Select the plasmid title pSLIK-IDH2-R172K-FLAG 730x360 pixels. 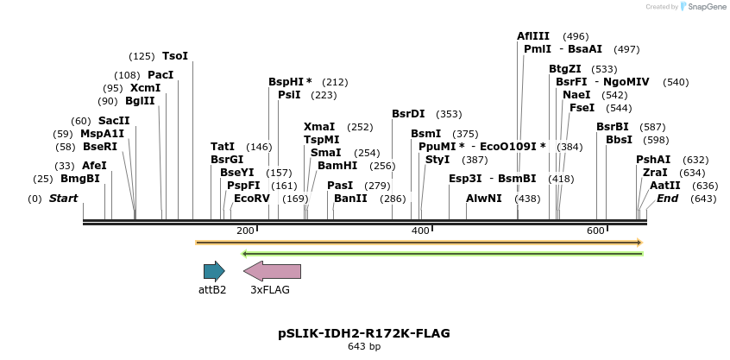point(363,333)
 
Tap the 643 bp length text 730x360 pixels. point(363,347)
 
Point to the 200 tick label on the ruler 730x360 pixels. point(245,231)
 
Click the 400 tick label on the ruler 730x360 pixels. point(420,231)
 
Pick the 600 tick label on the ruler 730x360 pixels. point(595,231)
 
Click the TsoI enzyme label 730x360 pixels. point(175,56)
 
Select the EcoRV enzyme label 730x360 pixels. point(252,199)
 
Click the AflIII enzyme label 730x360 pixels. point(532,36)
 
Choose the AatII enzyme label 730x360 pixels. point(665,186)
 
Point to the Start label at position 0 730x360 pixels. point(63,199)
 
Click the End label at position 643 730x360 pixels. point(667,199)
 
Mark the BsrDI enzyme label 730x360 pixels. point(408,114)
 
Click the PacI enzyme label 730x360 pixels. point(160,75)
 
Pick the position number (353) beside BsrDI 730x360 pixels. point(449,114)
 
